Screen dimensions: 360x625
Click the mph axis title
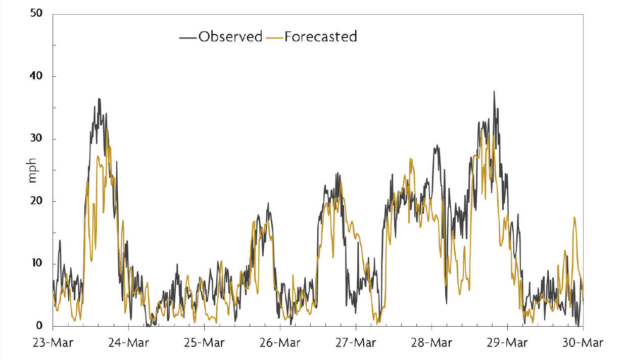(x=33, y=170)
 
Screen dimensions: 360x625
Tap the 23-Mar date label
(x=53, y=342)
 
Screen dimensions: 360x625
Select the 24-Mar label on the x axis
(x=128, y=342)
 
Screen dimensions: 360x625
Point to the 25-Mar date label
(x=204, y=342)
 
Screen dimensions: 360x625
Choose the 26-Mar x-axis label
(x=280, y=342)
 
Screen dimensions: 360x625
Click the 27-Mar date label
(x=356, y=342)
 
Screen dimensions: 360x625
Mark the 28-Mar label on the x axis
(x=431, y=342)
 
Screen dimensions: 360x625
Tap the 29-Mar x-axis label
(x=507, y=342)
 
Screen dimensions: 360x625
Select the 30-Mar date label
(x=583, y=342)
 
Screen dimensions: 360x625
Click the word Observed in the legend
(x=230, y=37)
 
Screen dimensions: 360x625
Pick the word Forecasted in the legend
(x=321, y=37)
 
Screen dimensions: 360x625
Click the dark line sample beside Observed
(x=188, y=37)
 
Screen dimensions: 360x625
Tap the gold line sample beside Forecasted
(x=274, y=37)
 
